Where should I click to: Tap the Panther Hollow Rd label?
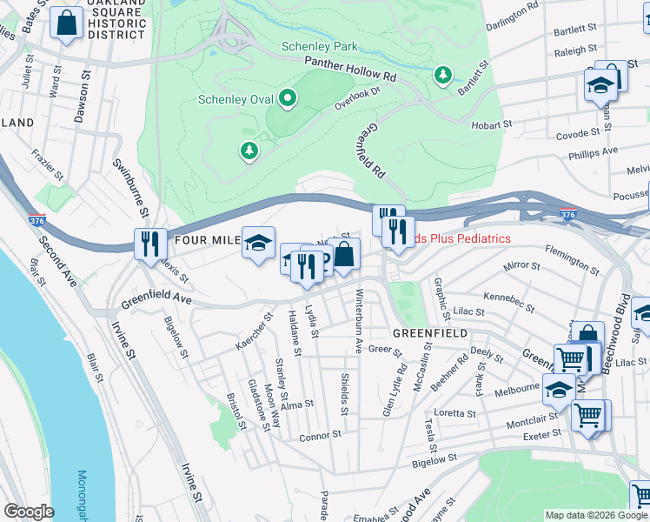tap(349, 69)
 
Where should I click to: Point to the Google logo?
tap(29, 512)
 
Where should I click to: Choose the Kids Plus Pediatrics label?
tap(455, 238)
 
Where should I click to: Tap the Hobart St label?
tap(492, 125)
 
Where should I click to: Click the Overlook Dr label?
tap(358, 97)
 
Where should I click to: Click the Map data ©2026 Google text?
tap(596, 515)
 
